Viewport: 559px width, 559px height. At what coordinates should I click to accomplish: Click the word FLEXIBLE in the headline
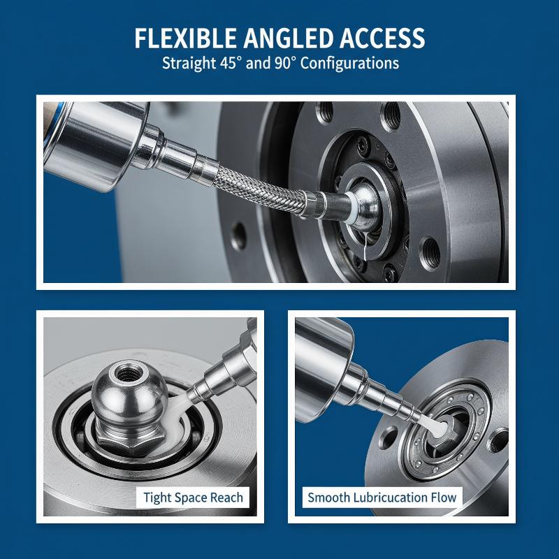tap(185, 38)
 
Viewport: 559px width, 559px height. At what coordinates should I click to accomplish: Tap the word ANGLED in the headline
tap(289, 38)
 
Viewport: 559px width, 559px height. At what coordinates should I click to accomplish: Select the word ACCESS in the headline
tap(382, 38)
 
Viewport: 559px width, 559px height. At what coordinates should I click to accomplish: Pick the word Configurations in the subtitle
tap(350, 64)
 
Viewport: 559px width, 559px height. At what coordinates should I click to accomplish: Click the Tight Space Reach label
tap(193, 498)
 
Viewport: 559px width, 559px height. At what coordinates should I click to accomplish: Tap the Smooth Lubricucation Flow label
tap(382, 498)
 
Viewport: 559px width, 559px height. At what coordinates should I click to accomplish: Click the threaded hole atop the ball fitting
tap(127, 374)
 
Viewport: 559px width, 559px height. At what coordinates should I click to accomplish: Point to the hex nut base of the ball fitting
tap(130, 437)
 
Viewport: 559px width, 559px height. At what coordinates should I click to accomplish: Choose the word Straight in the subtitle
tap(189, 64)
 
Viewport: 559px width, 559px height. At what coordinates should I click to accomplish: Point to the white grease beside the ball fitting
tap(178, 410)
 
